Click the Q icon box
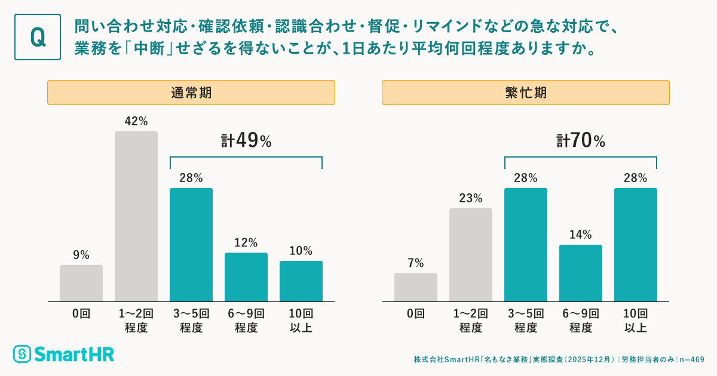click(x=38, y=37)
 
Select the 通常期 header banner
click(x=191, y=93)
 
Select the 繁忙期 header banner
click(x=525, y=93)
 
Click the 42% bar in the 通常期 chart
click(x=136, y=216)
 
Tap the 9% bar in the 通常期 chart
click(x=81, y=283)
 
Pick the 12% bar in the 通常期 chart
click(x=246, y=277)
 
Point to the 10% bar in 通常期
click(x=301, y=281)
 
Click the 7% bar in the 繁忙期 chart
click(x=416, y=287)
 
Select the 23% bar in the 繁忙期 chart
click(x=471, y=255)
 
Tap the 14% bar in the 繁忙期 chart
click(x=581, y=273)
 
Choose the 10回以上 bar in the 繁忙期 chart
click(x=636, y=245)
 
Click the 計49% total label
click(x=246, y=141)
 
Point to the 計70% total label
click(x=581, y=141)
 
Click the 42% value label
click(x=136, y=121)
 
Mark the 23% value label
click(x=471, y=198)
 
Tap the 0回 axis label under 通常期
click(x=81, y=314)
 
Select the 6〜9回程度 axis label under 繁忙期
click(x=581, y=320)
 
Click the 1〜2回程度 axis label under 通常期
click(x=136, y=320)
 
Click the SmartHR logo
click(x=64, y=353)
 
